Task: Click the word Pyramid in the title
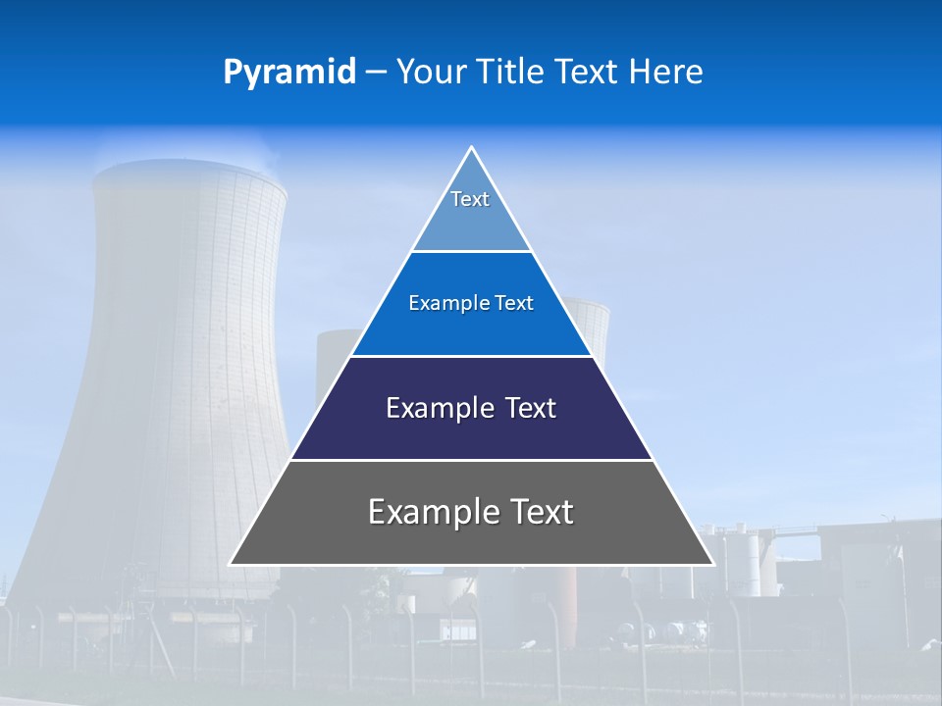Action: click(x=288, y=72)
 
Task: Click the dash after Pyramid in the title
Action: click(x=376, y=73)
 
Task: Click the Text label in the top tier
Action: click(x=470, y=199)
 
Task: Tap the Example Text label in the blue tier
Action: click(x=471, y=303)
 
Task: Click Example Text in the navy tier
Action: click(x=471, y=408)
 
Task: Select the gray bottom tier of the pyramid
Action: click(x=471, y=539)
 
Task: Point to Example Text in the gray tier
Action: click(x=471, y=512)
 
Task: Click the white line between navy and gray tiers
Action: click(x=471, y=460)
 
